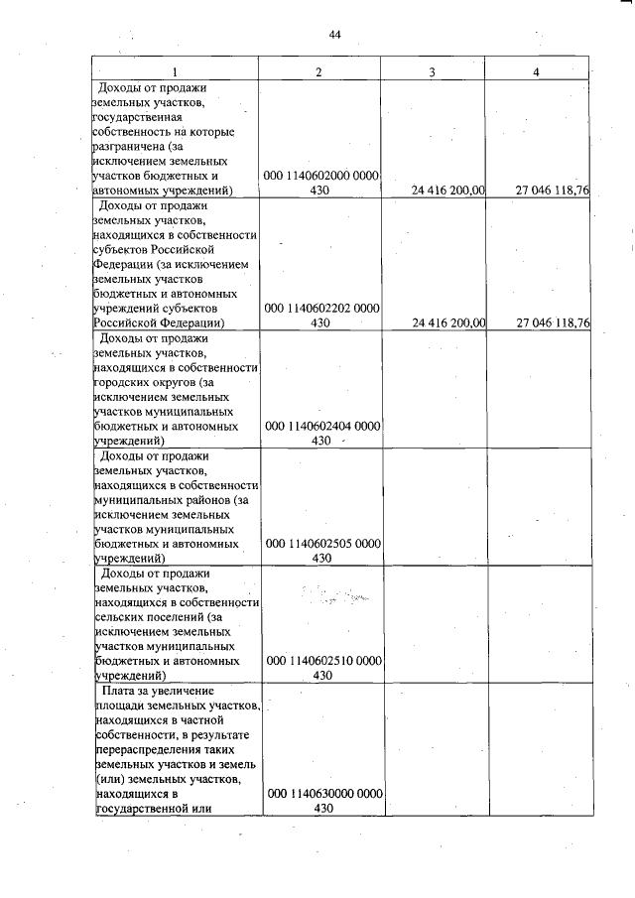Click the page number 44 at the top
tap(334, 35)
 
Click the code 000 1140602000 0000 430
tap(320, 184)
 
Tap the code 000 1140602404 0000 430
tap(320, 433)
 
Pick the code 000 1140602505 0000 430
tap(320, 551)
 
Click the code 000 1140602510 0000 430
tap(320, 668)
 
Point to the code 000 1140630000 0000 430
tap(320, 802)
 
